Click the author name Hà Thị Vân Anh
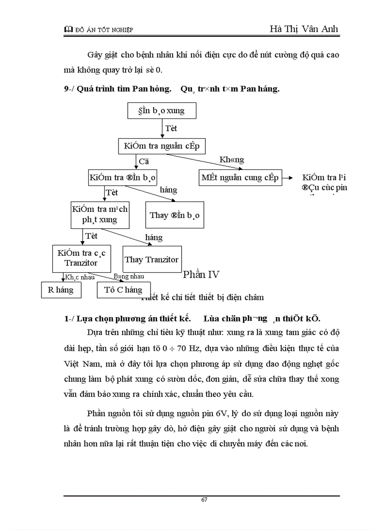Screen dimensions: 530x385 [304, 29]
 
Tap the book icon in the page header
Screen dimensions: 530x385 [67, 30]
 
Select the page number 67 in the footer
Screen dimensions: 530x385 [204, 500]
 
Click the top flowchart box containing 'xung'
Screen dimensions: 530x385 [162, 111]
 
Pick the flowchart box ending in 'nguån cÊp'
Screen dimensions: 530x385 [162, 146]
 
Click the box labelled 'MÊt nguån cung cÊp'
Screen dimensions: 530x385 [240, 177]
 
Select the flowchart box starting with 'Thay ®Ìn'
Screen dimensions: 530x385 [175, 215]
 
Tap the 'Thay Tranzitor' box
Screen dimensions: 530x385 [151, 260]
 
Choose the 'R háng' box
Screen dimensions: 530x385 [61, 290]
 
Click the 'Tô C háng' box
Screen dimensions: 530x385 [123, 290]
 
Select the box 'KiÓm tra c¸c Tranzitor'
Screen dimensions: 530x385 [81, 258]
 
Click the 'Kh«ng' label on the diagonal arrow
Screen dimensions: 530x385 [232, 160]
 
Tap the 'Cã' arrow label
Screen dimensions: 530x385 [144, 161]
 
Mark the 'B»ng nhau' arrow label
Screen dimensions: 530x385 [129, 277]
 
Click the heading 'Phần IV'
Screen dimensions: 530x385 [201, 275]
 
